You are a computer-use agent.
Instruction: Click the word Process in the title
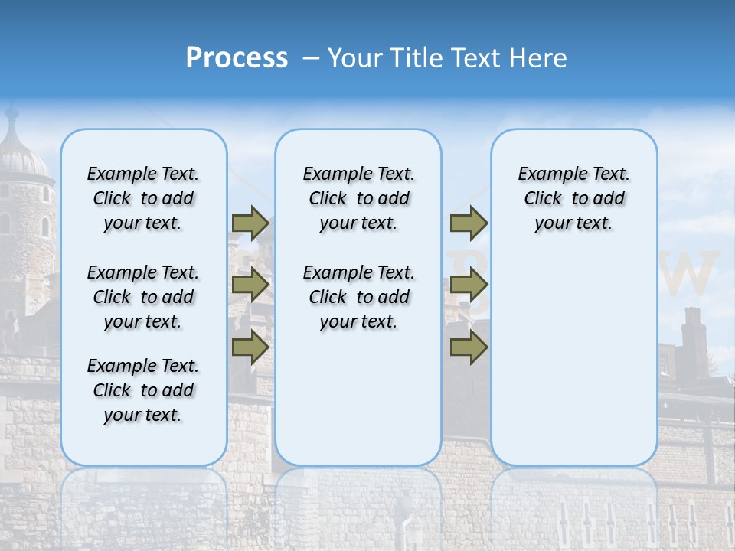(x=237, y=58)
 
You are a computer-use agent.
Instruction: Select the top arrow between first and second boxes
(x=250, y=223)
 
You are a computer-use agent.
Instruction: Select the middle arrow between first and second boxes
(x=250, y=285)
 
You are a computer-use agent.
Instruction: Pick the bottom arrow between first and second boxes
(x=250, y=347)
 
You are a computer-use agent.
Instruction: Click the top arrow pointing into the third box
(x=469, y=223)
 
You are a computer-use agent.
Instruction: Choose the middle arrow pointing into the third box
(x=469, y=285)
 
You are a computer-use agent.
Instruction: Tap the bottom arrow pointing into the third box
(x=469, y=347)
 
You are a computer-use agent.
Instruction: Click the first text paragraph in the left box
(x=143, y=198)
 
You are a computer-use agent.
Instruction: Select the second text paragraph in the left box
(x=143, y=297)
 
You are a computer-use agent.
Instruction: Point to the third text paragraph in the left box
(x=143, y=390)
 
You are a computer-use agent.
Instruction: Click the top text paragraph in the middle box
(x=358, y=198)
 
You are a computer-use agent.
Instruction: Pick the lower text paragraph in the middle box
(x=358, y=297)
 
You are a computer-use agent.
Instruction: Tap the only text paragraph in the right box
(x=573, y=198)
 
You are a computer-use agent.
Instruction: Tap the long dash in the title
(x=312, y=59)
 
